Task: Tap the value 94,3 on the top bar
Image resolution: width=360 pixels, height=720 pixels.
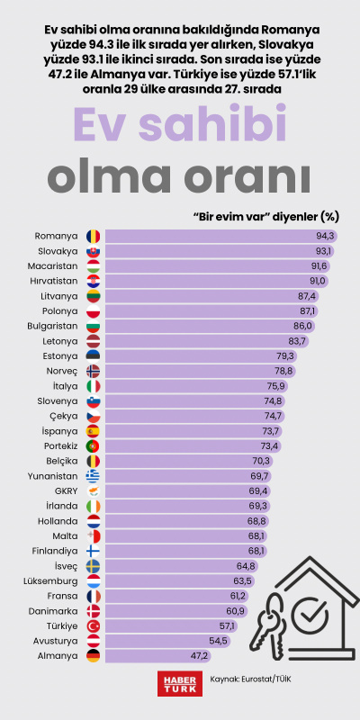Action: coord(325,236)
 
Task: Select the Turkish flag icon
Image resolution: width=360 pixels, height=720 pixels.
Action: coord(93,625)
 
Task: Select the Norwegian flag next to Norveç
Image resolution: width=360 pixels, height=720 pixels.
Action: coord(93,371)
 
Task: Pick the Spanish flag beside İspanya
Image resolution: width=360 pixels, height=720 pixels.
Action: coord(93,430)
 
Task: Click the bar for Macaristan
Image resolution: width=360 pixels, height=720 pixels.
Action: coord(216,265)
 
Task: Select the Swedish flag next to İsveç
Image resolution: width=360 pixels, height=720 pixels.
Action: coord(93,565)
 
